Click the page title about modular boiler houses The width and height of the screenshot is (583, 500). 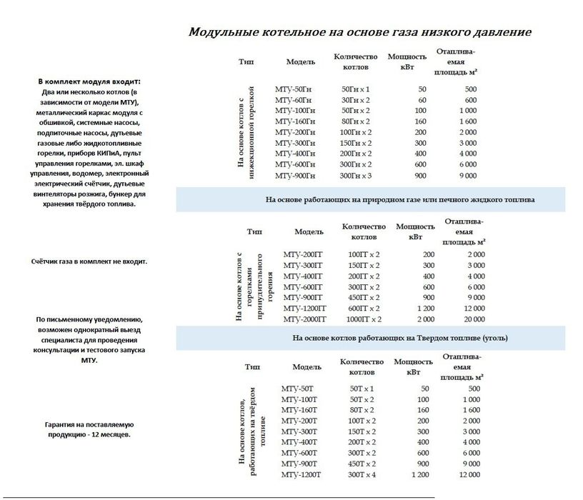point(359,33)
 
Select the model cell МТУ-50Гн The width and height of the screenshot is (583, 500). point(293,89)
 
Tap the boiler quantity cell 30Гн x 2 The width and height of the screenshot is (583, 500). point(355,100)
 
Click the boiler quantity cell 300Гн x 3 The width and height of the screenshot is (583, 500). point(355,176)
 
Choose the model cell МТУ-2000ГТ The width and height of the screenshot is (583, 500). point(304,319)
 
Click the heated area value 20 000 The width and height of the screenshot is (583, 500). point(472,319)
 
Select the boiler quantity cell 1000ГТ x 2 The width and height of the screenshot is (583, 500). point(364,319)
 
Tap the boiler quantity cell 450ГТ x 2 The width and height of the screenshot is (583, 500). point(364,298)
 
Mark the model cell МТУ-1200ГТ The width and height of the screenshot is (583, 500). point(304,309)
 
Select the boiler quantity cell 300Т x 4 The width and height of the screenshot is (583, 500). point(362,474)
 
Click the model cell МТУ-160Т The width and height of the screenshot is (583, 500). point(299,410)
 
